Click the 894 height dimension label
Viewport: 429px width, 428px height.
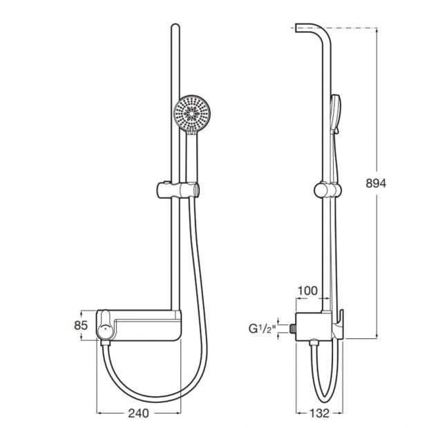click(376, 183)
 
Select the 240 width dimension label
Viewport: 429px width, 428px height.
click(138, 413)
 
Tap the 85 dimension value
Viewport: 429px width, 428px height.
click(81, 325)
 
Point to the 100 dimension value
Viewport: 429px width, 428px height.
click(307, 291)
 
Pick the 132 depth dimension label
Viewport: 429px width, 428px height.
click(319, 413)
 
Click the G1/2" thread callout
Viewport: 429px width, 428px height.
click(262, 328)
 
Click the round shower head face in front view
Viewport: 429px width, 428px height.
click(193, 112)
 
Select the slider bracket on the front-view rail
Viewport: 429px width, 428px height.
click(178, 188)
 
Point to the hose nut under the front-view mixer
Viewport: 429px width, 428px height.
click(105, 343)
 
